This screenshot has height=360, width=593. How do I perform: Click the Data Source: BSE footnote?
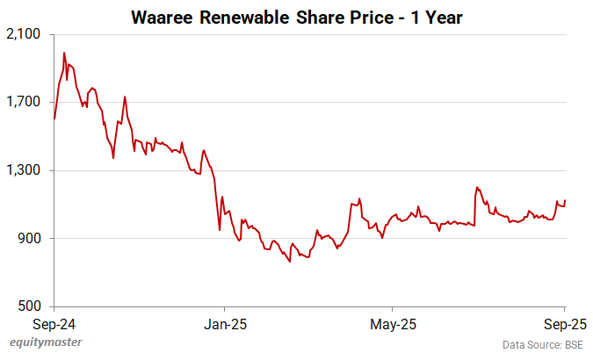coord(544,343)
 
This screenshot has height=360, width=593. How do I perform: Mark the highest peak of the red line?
coord(64,53)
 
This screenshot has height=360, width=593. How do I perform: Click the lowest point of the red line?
coord(290,262)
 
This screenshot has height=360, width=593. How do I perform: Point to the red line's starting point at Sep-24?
coord(54,119)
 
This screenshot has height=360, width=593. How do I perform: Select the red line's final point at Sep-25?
coord(565,201)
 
